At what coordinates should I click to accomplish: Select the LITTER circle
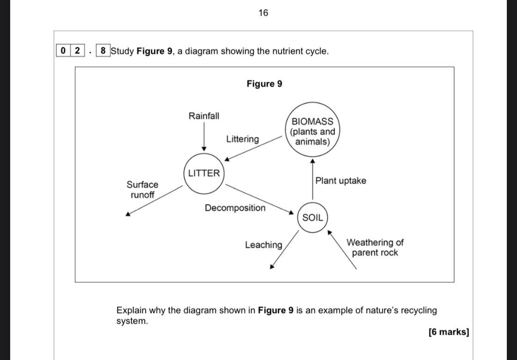204,174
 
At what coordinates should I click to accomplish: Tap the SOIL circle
313,217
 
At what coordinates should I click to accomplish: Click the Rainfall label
204,116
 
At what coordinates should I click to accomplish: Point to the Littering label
242,139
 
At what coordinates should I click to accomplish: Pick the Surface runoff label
143,190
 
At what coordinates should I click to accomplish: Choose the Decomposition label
235,208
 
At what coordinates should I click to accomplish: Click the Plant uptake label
341,180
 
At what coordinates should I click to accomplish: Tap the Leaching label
263,245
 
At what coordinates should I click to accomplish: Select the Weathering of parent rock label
375,247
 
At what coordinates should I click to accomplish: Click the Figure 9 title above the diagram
264,84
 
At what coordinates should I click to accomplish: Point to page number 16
263,13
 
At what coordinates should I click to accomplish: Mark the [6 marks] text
448,332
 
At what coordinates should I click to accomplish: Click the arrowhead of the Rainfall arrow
204,149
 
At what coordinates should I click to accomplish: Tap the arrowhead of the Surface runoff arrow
128,213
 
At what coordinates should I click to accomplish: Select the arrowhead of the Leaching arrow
272,266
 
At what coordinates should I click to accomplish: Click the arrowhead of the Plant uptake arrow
313,161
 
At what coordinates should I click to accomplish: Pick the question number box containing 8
102,51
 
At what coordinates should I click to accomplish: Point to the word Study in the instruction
122,51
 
